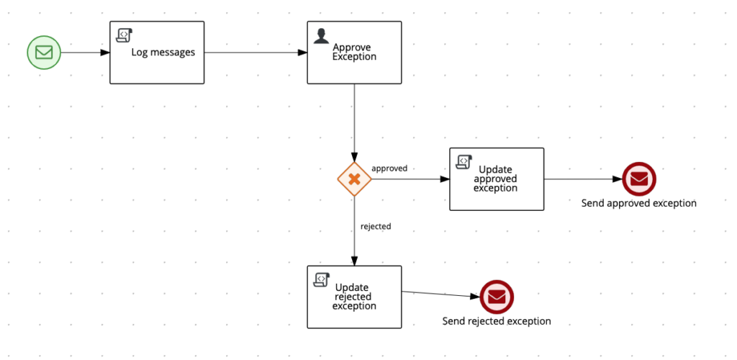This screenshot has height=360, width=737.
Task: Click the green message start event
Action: [44, 53]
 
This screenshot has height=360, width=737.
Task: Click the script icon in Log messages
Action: [123, 34]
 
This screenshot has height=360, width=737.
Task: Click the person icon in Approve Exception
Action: [320, 34]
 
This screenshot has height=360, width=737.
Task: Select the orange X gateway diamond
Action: [354, 179]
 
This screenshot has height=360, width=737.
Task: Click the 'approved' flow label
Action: [389, 168]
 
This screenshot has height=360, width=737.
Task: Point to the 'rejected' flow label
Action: [376, 226]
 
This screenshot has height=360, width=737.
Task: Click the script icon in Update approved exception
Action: [463, 161]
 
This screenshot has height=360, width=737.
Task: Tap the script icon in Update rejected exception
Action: [321, 279]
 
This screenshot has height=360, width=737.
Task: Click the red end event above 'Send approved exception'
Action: [639, 179]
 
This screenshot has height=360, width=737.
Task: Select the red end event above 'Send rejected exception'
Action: [497, 297]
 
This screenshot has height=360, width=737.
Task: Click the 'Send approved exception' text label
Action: [638, 203]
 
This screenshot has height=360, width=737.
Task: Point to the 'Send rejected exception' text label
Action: [497, 321]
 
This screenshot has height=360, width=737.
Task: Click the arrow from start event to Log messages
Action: [85, 53]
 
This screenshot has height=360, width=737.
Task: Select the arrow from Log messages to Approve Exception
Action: [256, 53]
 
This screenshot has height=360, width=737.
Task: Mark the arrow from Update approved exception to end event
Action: [583, 179]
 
